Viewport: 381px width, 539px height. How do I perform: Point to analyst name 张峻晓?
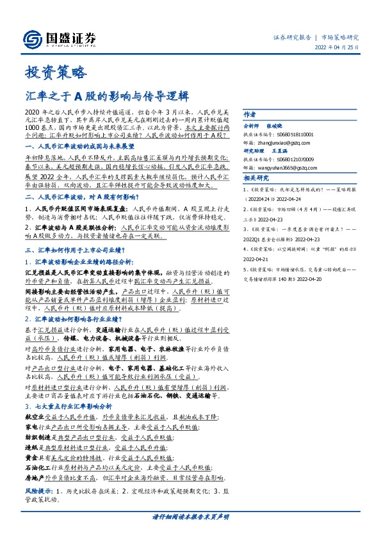tap(282, 125)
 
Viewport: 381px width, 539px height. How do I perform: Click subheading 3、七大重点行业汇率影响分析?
tap(68, 406)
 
